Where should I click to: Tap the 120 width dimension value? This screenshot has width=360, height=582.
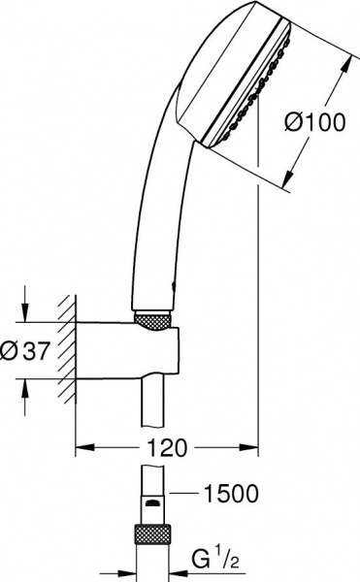164,448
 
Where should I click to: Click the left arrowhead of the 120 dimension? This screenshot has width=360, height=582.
82,448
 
